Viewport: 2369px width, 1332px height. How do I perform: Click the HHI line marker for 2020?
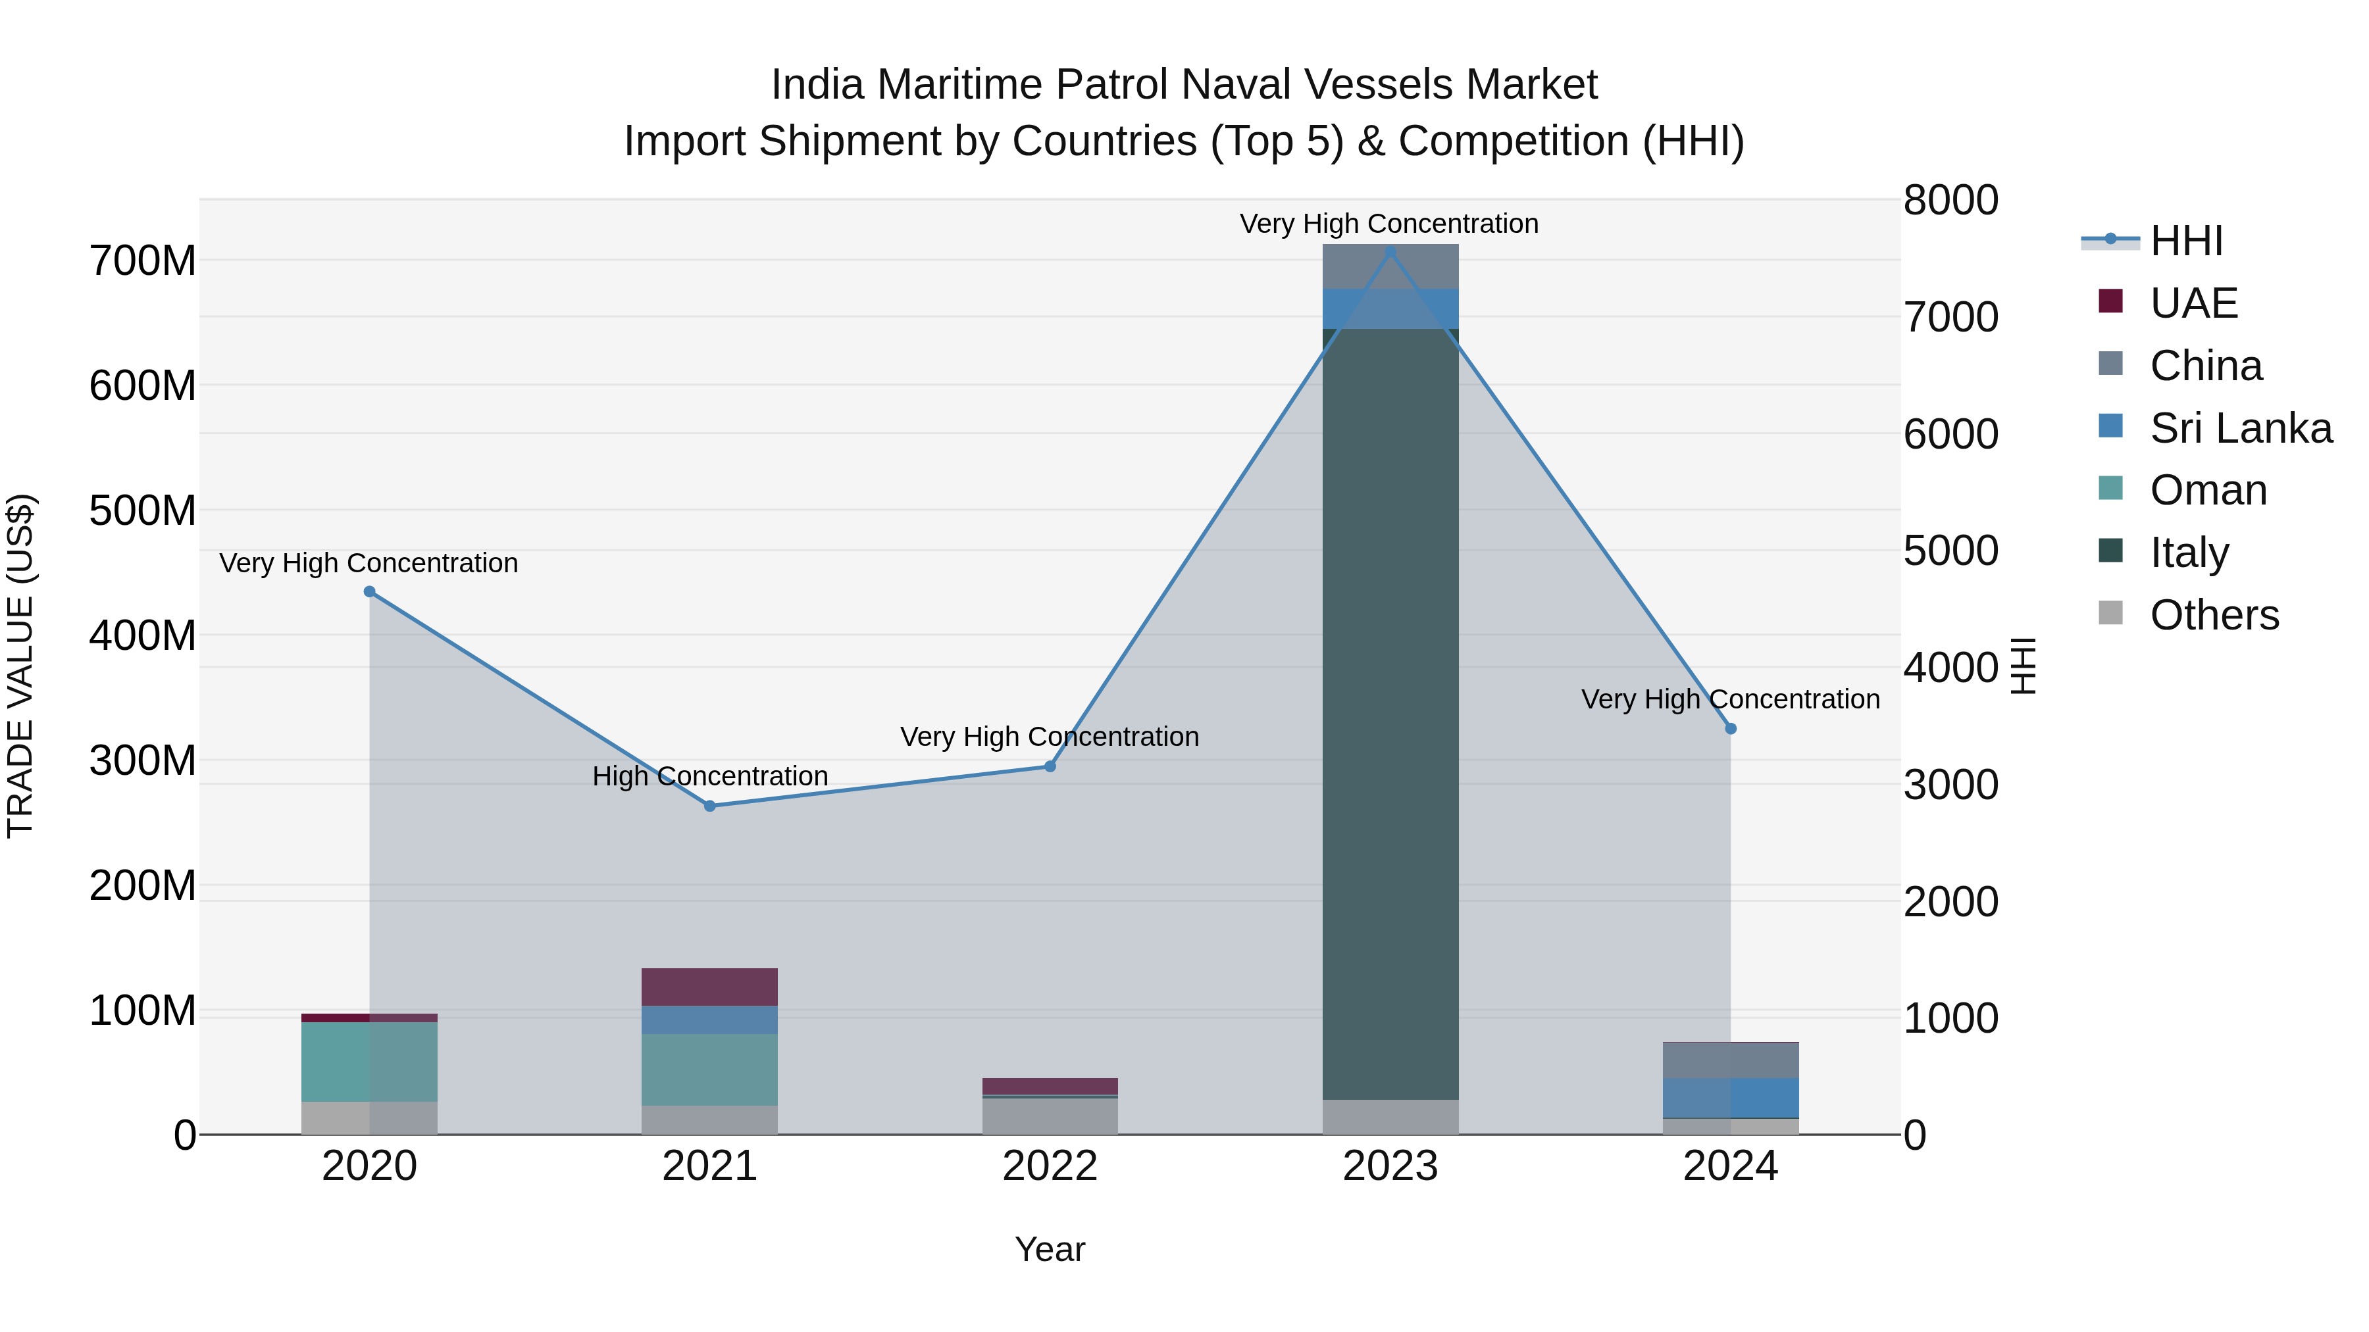click(370, 591)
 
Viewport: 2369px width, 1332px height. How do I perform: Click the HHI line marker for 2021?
click(710, 806)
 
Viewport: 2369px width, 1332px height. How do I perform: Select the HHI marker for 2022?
click(1050, 767)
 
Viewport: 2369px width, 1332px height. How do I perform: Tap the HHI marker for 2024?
click(1731, 729)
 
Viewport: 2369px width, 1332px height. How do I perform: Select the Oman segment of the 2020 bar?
click(370, 1062)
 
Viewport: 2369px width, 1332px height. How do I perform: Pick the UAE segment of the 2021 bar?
click(710, 987)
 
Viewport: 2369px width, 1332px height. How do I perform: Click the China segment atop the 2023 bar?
click(1390, 266)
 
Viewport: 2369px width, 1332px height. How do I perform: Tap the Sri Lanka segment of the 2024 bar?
click(1731, 1098)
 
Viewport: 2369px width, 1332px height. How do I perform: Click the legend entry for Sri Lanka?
click(2240, 428)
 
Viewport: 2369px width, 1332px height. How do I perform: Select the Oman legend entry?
click(2207, 491)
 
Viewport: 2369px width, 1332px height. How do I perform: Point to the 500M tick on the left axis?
click(143, 511)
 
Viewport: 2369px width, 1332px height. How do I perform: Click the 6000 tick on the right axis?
click(1950, 434)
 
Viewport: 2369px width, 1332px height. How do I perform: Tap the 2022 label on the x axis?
click(1050, 1166)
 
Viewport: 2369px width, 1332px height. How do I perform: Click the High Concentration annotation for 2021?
click(710, 776)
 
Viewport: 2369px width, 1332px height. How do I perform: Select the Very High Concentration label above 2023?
click(1388, 224)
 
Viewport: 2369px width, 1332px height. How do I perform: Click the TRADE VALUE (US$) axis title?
click(20, 666)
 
